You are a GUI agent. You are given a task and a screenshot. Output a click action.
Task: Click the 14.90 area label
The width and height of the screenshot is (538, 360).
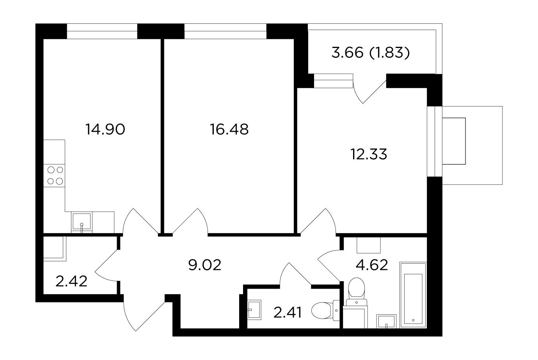click(x=105, y=129)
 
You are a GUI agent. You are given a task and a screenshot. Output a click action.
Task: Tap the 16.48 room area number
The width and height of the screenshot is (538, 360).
click(x=229, y=129)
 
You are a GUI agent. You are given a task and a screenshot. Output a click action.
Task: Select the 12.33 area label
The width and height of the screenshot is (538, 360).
click(x=368, y=154)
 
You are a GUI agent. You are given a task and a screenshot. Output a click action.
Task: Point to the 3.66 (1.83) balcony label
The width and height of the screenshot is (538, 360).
click(x=370, y=53)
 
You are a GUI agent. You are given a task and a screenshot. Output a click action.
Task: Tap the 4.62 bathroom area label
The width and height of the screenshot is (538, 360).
click(x=371, y=265)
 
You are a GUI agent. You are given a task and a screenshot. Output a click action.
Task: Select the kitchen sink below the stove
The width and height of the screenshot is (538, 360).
click(x=81, y=222)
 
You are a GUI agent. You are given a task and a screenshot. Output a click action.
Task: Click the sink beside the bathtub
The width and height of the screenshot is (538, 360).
click(x=386, y=321)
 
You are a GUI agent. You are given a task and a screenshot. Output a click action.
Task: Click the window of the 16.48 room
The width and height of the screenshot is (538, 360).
click(x=225, y=31)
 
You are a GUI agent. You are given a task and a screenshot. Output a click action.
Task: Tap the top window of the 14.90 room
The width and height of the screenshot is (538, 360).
click(x=102, y=31)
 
